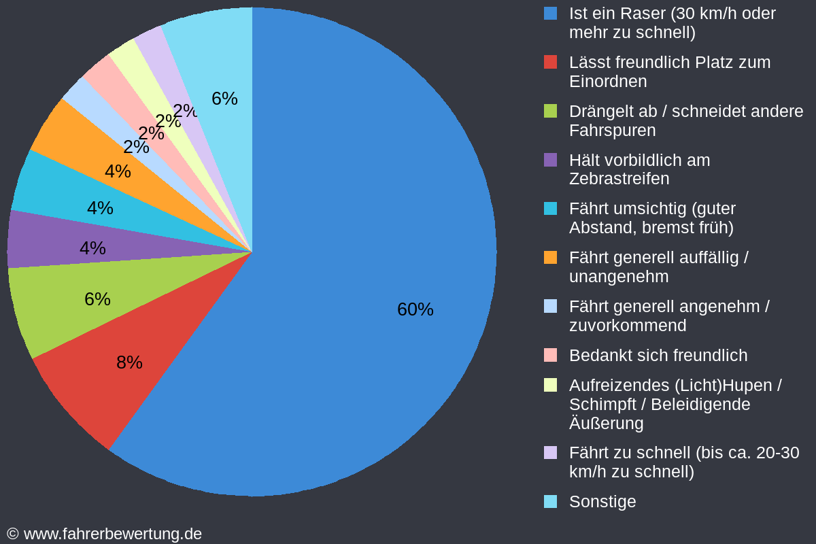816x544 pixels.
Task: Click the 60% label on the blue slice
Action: pos(415,309)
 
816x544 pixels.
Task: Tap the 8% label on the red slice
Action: pos(129,362)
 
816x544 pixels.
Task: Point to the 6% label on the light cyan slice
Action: pos(224,99)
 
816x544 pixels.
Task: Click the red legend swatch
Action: pos(551,62)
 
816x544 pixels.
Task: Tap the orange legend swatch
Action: pos(551,258)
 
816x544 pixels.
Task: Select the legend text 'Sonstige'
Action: pos(602,502)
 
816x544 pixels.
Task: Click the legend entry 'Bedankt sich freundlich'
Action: pos(658,356)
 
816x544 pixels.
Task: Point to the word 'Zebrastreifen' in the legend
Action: pos(619,179)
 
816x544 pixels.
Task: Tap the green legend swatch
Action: pos(551,111)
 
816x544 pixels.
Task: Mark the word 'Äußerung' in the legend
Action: pos(606,424)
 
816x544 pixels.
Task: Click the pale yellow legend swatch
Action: pos(551,385)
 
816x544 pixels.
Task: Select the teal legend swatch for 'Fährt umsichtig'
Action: pos(551,209)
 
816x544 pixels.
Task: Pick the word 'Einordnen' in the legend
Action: pos(608,82)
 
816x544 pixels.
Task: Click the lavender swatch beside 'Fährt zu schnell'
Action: pos(551,453)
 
